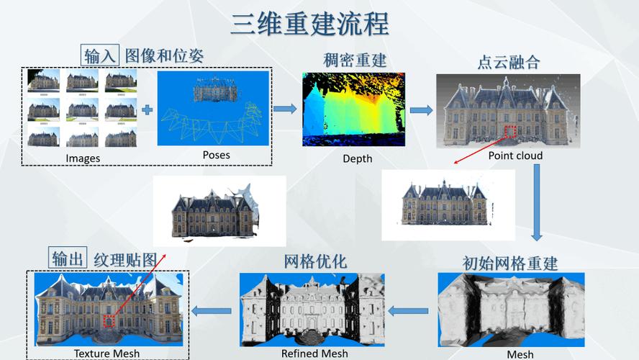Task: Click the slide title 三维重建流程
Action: pyautogui.click(x=309, y=24)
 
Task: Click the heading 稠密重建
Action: pyautogui.click(x=355, y=60)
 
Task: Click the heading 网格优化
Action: pyautogui.click(x=315, y=261)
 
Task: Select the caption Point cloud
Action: pyautogui.click(x=515, y=156)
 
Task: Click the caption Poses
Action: pyautogui.click(x=216, y=155)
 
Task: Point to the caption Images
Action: pyautogui.click(x=83, y=158)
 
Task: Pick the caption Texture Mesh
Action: pyautogui.click(x=106, y=354)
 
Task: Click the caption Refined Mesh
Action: pyautogui.click(x=314, y=354)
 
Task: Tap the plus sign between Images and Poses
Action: pyautogui.click(x=148, y=110)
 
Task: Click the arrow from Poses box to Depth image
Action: pyautogui.click(x=286, y=109)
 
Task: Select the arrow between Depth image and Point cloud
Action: pyautogui.click(x=421, y=110)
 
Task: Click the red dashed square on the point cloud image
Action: pyautogui.click(x=510, y=132)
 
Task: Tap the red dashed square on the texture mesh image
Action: pyautogui.click(x=109, y=321)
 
